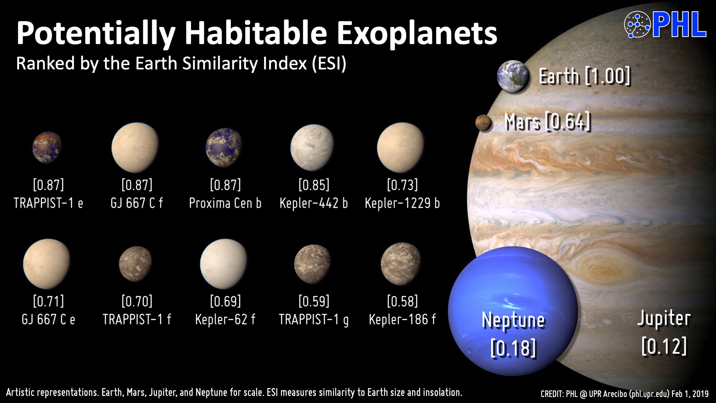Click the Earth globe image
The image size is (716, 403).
[513, 76]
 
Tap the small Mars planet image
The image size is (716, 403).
[483, 122]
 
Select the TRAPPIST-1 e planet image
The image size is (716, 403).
[47, 147]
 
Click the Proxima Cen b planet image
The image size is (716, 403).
[224, 147]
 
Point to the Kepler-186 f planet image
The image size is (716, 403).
[401, 264]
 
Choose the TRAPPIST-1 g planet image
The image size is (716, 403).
[312, 264]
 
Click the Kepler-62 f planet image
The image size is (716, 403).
[224, 264]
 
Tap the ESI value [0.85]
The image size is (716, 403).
[314, 185]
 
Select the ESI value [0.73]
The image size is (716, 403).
[402, 185]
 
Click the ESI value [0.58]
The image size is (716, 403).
[402, 301]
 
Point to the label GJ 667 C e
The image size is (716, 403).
[48, 319]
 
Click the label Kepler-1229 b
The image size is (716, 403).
[402, 203]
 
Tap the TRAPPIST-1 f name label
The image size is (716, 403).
[137, 319]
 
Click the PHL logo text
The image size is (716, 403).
[679, 25]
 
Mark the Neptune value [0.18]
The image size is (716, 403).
[513, 348]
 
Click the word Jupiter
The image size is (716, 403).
[664, 319]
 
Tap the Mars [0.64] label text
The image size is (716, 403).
[547, 122]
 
